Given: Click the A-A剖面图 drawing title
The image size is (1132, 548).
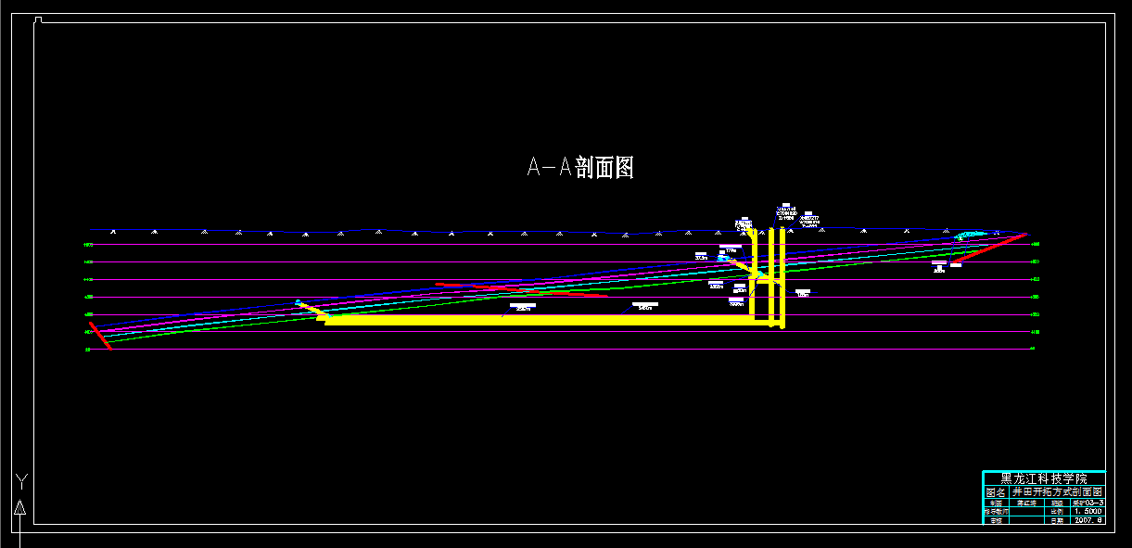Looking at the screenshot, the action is [x=580, y=168].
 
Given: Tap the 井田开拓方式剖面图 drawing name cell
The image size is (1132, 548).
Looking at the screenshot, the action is [x=1056, y=492].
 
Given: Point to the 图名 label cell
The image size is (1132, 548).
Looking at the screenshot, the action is [x=995, y=492].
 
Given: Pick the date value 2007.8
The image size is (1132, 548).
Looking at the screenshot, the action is [x=1087, y=521].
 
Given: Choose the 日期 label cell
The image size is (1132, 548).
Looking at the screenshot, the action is [x=1057, y=521].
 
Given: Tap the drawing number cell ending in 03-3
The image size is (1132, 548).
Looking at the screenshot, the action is [x=1087, y=503].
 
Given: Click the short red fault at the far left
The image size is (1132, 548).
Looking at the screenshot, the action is [x=100, y=336].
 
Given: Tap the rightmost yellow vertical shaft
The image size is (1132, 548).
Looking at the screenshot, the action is [x=783, y=278].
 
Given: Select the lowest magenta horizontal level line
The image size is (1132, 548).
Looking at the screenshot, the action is [x=556, y=350].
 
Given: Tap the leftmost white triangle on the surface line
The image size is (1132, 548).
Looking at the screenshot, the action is [x=113, y=231].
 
